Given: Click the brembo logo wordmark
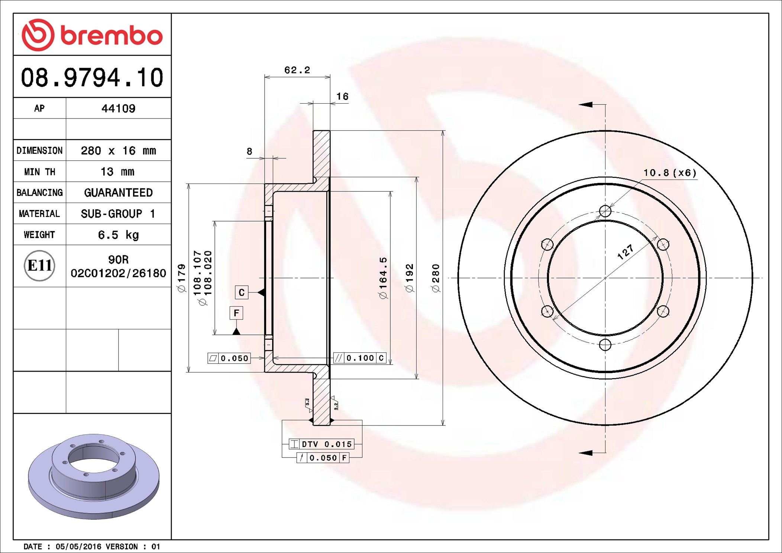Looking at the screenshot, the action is click(112, 36).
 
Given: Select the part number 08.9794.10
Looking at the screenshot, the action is click(92, 78).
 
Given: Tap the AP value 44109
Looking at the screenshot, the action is click(118, 109).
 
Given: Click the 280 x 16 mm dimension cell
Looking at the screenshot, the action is click(118, 151).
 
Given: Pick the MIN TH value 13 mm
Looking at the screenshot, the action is click(117, 172).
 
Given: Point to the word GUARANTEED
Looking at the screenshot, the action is click(118, 193).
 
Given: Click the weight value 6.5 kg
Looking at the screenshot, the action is click(118, 235).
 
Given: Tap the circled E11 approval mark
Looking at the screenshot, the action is click(39, 265).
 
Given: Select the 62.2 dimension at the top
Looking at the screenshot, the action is click(297, 70).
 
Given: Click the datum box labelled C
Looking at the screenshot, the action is click(242, 292).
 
